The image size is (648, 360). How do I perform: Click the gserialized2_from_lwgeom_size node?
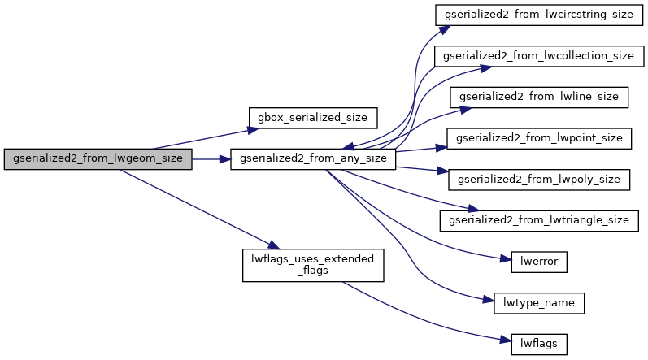pos(98,159)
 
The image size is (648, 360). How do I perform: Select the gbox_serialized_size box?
pos(312,117)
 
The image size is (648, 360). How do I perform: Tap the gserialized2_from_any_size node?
pos(313,159)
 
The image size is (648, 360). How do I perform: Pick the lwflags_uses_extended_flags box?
pos(313,265)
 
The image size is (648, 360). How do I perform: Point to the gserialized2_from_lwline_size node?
pos(539,96)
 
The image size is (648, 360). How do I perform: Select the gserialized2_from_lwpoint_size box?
pos(540,138)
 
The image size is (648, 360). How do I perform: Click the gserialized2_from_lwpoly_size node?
pos(540,179)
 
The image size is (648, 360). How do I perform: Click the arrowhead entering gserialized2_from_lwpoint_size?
pos(443,147)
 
